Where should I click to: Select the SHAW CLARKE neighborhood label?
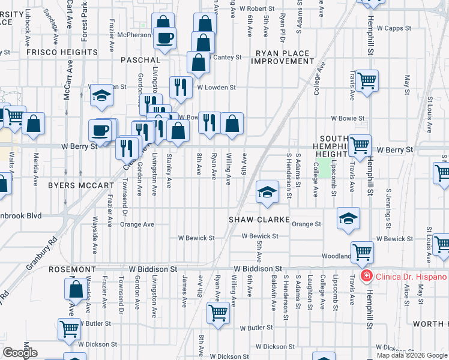(259, 220)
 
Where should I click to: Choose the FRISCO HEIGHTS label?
(61, 52)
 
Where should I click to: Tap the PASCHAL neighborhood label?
(140, 60)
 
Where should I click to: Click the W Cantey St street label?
(225, 58)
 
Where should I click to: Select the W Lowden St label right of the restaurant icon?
(216, 87)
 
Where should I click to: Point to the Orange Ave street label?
(137, 224)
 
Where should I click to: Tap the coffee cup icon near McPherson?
(164, 38)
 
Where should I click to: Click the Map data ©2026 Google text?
(412, 355)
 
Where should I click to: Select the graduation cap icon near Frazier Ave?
(102, 95)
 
